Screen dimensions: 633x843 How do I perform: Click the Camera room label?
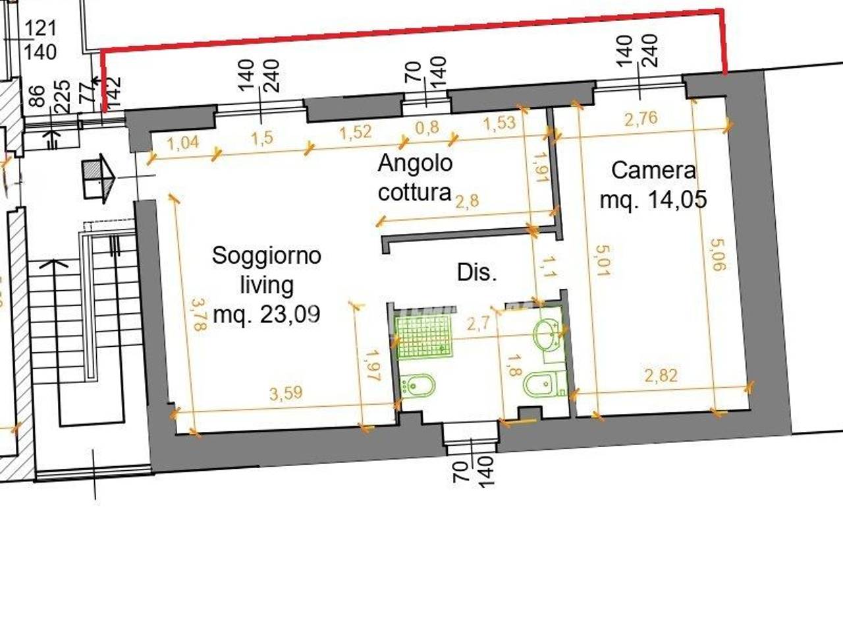coord(653,170)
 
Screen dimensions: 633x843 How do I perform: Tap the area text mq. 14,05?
coord(653,198)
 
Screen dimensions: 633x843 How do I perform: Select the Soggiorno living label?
coord(266,270)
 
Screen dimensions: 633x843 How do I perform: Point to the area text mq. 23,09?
coord(267,315)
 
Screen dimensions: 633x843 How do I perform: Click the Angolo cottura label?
coord(415,177)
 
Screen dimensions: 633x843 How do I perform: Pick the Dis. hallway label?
coord(477,272)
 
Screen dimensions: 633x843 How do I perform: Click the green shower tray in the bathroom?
coord(424,336)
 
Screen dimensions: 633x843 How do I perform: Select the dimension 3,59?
coord(286,393)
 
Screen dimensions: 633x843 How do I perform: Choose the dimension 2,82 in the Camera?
coord(661,376)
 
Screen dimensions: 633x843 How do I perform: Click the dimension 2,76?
coord(641,119)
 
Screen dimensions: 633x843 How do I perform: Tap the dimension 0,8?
coord(428,127)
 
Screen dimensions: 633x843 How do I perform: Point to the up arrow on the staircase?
coord(58,263)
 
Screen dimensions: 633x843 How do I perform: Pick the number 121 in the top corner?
coord(41,28)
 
